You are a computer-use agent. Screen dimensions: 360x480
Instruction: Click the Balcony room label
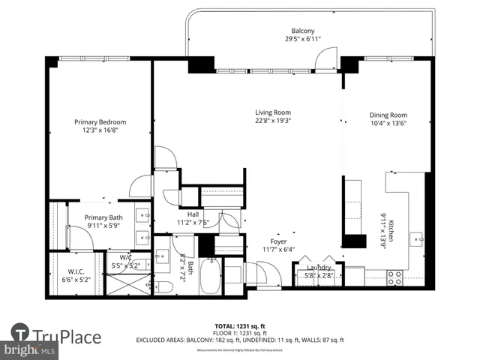303,31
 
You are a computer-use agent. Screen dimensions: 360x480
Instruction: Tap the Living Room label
272,112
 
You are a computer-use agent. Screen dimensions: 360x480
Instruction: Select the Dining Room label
388,115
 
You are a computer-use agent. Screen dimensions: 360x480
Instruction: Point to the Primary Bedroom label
100,121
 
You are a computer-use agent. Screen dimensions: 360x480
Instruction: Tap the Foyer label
279,241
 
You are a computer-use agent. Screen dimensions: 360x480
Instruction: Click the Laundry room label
319,267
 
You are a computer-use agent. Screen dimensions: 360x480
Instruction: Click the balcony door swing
327,58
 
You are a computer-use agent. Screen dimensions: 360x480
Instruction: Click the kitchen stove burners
394,278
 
